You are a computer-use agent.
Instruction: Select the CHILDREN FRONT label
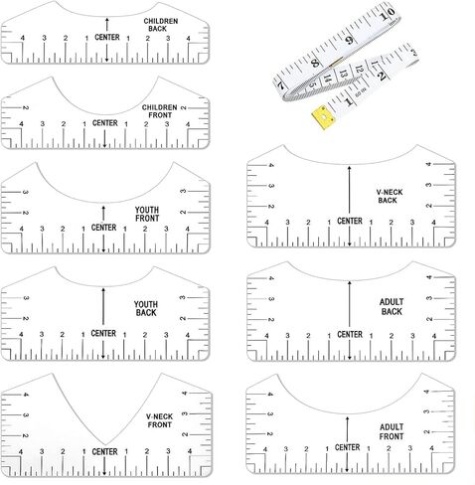[x=160, y=110]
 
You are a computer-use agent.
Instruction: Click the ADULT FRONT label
[x=391, y=431]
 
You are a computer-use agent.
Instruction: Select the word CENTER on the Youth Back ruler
[x=103, y=334]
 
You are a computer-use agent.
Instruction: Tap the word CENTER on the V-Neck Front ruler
[x=103, y=452]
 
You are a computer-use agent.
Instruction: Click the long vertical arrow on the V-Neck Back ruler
[x=348, y=189]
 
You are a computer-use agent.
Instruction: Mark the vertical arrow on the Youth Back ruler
[x=103, y=304]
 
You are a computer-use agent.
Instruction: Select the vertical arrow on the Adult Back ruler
[x=348, y=300]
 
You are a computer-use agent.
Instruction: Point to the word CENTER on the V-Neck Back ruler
[x=348, y=221]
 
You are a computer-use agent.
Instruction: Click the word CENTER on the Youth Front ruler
[x=103, y=228]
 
